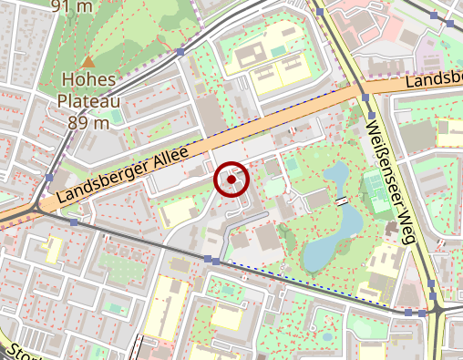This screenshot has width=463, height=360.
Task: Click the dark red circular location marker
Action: pos(232,180)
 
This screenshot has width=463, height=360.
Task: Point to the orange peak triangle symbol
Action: pos(88,61)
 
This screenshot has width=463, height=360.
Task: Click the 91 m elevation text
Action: pos(73,6)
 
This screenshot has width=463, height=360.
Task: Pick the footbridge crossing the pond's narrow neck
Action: pos(342,200)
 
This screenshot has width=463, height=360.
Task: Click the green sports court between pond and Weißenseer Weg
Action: pos(375,187)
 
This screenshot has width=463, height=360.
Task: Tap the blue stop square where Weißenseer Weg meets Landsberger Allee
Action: pos(365,98)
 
